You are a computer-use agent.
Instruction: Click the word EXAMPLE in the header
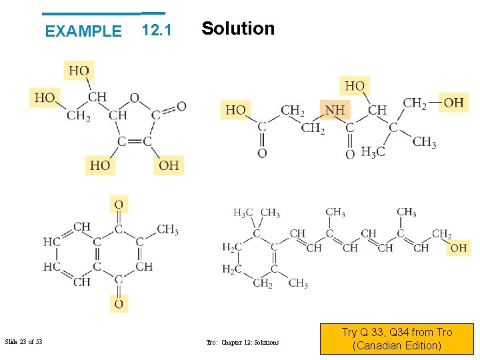[83, 31]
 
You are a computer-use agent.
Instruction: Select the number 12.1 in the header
[157, 30]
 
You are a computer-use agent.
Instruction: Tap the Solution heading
[238, 28]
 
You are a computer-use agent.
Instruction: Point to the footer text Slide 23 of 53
[23, 342]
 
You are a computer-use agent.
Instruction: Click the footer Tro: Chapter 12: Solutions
[243, 343]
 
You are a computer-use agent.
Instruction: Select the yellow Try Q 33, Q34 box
[397, 339]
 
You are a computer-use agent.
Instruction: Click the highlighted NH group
[335, 110]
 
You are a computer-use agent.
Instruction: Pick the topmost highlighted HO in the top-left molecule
[79, 71]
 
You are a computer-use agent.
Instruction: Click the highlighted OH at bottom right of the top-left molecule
[169, 165]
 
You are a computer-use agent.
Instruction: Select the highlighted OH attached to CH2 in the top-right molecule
[453, 102]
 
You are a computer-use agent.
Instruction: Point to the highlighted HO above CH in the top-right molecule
[355, 86]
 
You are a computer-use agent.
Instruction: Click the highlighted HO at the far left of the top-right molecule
[235, 109]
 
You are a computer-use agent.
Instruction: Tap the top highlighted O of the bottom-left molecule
[119, 204]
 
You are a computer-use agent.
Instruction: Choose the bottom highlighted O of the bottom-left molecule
[119, 303]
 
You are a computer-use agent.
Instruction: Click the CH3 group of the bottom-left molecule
[167, 230]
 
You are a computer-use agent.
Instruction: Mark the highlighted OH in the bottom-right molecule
[459, 248]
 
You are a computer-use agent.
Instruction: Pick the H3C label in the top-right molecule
[373, 152]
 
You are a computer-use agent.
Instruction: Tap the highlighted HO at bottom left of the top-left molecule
[100, 165]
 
